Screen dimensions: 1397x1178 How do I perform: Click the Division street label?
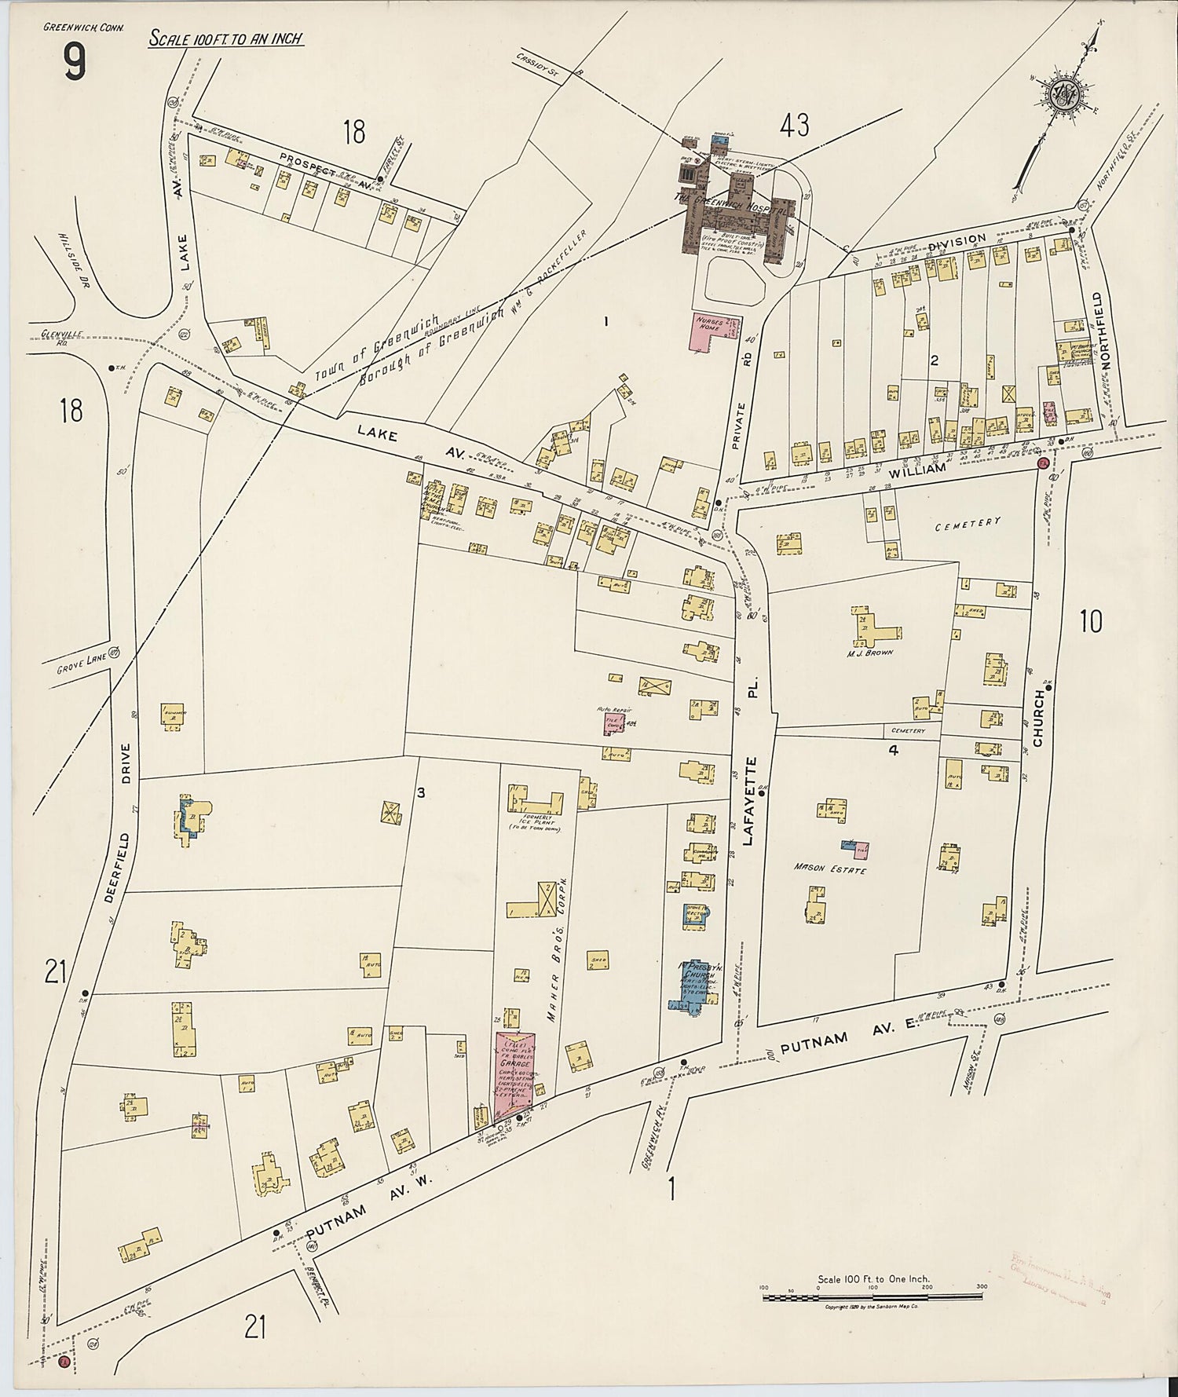[957, 240]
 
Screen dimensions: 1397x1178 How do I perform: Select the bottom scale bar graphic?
[872, 1296]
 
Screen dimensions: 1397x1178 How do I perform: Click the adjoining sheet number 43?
[794, 124]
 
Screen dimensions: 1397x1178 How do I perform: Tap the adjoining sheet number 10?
[1090, 621]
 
